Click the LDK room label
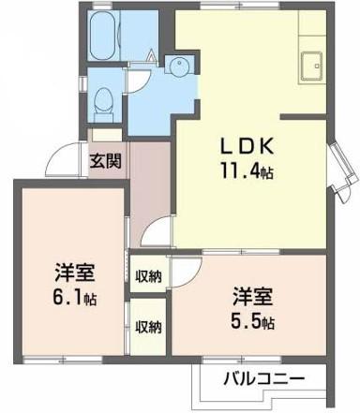coord(247,146)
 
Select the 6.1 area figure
coord(75,297)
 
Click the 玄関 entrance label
coord(106,161)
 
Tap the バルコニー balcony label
coord(264,379)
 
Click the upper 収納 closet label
coord(148,276)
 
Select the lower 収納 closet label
coord(148,327)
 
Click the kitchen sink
coord(311,66)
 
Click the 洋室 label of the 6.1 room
coord(75,272)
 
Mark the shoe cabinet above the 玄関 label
coord(106,135)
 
